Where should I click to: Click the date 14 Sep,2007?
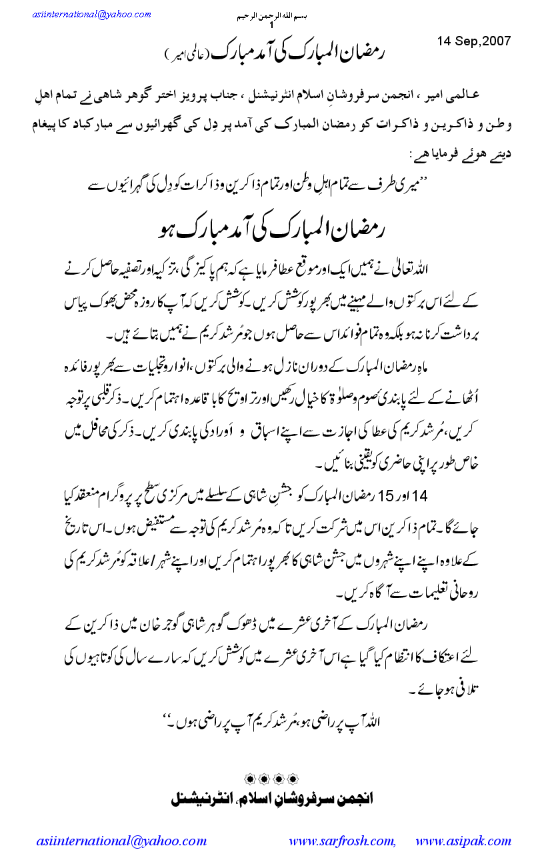[x=474, y=41]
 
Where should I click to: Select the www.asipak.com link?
[x=463, y=841]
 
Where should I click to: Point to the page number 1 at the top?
[x=272, y=25]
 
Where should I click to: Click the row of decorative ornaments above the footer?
[x=269, y=777]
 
